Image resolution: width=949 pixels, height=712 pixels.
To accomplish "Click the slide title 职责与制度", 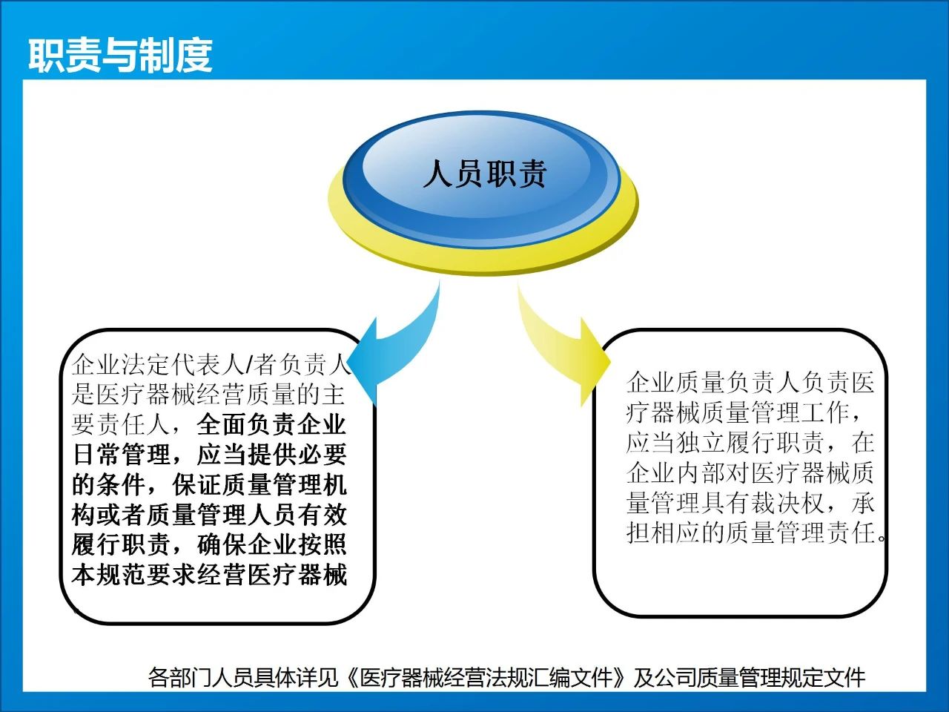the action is pos(120,56).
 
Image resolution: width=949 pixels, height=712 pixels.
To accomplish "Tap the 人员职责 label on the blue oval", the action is pos(485,174).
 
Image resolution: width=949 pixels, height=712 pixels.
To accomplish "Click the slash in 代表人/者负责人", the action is pos(248,364).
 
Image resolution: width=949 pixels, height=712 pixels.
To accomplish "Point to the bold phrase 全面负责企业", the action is pos(271,424).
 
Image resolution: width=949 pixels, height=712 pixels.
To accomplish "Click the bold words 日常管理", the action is pos(122,455).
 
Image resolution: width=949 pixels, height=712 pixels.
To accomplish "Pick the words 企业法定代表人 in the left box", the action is pos(158,364).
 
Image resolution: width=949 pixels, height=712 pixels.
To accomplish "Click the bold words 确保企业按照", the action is pos(271,544).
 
